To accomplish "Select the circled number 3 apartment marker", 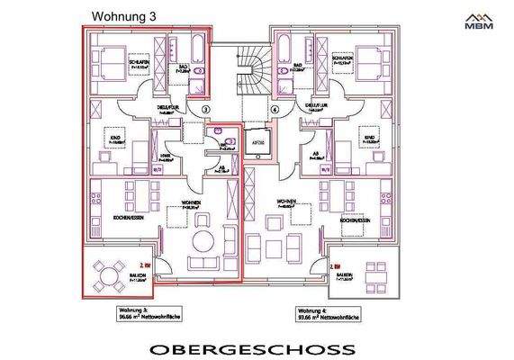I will coord(205,110).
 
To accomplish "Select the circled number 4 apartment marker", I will coord(275,110).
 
